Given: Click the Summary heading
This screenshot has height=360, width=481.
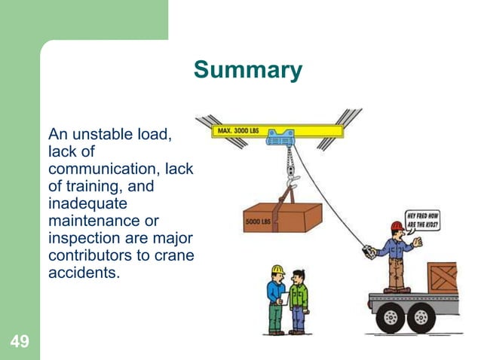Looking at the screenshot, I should [x=247, y=70].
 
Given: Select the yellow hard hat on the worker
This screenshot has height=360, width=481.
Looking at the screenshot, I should [x=277, y=269].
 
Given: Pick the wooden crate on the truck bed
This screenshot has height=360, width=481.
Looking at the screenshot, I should [x=442, y=277].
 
